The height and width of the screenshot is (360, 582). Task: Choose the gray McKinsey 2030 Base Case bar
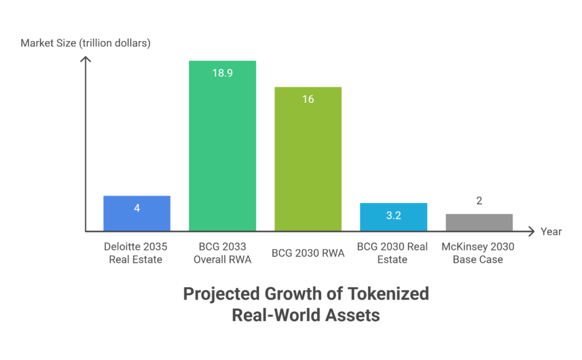click(479, 222)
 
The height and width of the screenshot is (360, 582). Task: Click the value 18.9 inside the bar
click(222, 73)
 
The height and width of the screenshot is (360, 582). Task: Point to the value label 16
click(307, 100)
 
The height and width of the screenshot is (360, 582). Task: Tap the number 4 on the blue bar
click(136, 208)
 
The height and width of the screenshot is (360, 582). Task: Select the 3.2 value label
click(393, 216)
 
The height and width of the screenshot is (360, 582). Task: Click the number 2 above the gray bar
click(479, 201)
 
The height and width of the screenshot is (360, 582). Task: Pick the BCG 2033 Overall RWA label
click(222, 253)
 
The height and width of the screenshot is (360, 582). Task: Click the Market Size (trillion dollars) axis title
click(85, 43)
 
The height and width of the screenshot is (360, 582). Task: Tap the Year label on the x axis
click(551, 231)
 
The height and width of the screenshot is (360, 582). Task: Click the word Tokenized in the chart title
click(386, 294)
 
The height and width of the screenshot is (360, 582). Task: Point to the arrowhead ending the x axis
click(531, 231)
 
